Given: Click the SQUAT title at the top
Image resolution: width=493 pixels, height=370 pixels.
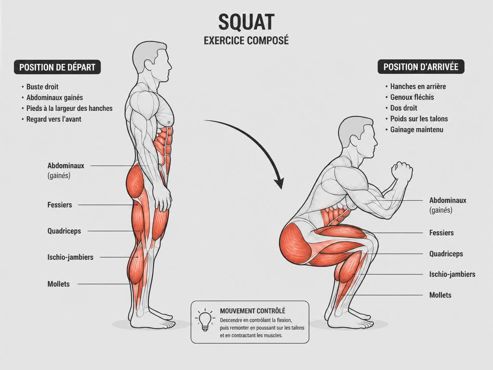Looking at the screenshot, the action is [x=246, y=22].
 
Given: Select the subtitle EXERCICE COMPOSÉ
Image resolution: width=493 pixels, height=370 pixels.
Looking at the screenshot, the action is [x=246, y=40].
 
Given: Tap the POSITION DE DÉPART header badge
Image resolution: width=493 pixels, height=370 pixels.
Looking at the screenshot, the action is [x=57, y=67].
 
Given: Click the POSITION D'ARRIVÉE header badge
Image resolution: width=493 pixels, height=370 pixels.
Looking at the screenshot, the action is [x=421, y=66].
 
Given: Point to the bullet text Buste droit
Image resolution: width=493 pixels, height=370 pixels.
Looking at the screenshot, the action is [x=42, y=87].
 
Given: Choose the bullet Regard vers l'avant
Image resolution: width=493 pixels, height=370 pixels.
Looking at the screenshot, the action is [x=54, y=119].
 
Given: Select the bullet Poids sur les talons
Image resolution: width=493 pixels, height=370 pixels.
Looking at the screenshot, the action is [x=419, y=119].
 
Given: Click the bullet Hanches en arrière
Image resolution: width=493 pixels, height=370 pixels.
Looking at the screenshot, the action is [x=418, y=86].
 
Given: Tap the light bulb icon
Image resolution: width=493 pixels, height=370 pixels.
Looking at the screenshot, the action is [x=205, y=320].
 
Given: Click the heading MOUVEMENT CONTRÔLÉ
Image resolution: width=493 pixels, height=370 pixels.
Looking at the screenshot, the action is [x=252, y=311].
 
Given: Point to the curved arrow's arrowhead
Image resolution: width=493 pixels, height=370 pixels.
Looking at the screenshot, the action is [x=279, y=184].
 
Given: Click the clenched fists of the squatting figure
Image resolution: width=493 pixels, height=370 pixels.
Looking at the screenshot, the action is [x=402, y=172].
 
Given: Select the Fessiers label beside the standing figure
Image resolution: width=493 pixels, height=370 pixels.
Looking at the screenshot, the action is [x=60, y=205].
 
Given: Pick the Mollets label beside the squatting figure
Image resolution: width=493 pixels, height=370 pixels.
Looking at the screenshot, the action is [x=440, y=295].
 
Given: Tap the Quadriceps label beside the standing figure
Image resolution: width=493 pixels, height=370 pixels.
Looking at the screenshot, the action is [x=64, y=231].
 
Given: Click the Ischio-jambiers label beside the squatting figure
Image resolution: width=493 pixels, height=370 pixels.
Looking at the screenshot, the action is [x=452, y=274].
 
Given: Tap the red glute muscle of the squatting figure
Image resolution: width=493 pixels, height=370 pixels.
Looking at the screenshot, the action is [x=296, y=242].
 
